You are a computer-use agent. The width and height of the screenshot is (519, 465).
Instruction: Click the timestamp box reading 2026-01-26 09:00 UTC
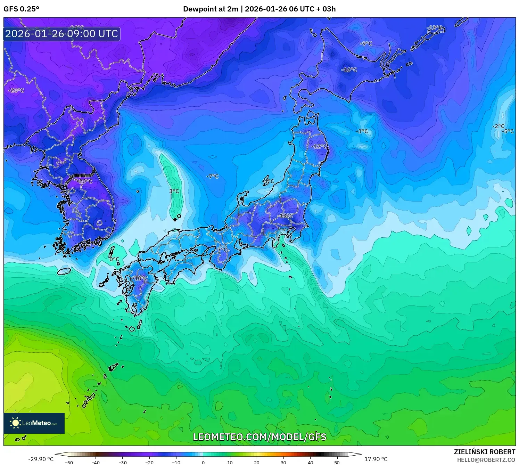[x=62, y=34]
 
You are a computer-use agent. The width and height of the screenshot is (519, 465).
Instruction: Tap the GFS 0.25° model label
[x=21, y=9]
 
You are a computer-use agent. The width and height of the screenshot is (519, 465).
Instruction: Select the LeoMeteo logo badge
[x=34, y=423]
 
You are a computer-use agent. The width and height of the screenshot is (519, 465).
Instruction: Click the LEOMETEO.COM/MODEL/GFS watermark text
[x=259, y=437]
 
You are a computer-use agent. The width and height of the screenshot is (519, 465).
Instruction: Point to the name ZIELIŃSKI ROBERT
[x=484, y=452]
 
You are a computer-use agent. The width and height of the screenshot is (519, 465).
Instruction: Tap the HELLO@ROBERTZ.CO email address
[x=486, y=460]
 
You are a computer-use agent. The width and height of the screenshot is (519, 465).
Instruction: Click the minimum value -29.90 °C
[x=41, y=459]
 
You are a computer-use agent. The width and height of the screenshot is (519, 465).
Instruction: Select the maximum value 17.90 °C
[x=376, y=459]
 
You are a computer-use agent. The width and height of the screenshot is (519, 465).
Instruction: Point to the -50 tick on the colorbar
[x=69, y=463]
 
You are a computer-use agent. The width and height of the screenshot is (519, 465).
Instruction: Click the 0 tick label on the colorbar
[x=203, y=463]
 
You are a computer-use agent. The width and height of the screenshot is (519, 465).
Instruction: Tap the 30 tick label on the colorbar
[x=283, y=463]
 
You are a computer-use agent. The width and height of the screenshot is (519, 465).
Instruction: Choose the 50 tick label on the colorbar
[x=337, y=463]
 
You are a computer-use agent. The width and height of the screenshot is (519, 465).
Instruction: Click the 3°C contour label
[x=174, y=191]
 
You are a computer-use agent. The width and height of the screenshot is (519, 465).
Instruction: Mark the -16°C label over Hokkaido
[x=349, y=70]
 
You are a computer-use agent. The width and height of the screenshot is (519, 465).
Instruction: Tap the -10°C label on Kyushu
[x=140, y=278]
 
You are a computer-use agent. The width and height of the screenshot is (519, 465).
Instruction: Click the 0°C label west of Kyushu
[x=114, y=259]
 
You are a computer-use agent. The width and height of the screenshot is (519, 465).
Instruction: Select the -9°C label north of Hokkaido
[x=366, y=43]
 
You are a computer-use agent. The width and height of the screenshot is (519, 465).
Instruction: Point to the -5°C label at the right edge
[x=508, y=131]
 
